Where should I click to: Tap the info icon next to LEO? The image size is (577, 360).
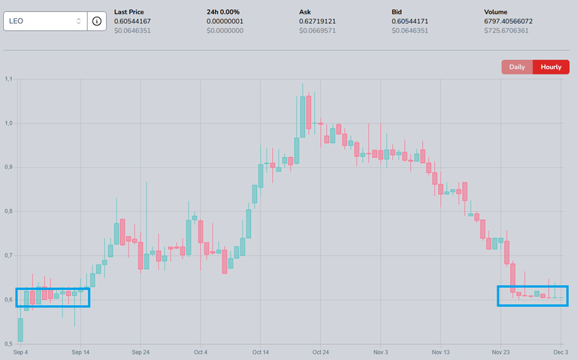(x=97, y=21)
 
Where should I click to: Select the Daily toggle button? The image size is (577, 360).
(x=517, y=67)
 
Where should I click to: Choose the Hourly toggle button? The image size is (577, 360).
(x=551, y=67)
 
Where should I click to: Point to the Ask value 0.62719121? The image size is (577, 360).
(x=325, y=21)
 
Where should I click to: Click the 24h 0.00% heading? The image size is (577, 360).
(x=224, y=12)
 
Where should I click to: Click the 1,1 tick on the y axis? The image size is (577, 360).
(x=8, y=79)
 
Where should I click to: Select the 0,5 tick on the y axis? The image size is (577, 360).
(x=8, y=344)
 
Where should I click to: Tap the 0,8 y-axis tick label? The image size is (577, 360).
(x=8, y=211)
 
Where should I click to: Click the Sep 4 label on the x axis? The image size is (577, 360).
(x=20, y=352)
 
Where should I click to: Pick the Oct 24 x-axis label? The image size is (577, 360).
(x=321, y=352)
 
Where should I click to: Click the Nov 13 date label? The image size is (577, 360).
(x=441, y=352)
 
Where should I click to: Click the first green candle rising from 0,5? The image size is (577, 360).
(x=20, y=329)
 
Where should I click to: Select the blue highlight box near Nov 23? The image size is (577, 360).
(x=533, y=296)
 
